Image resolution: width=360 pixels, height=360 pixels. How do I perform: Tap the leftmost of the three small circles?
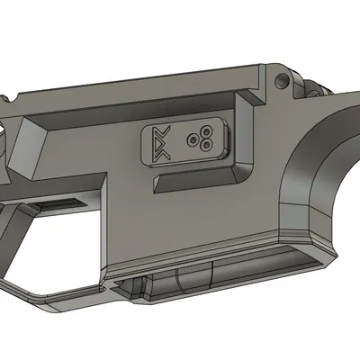coord(193,139)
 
